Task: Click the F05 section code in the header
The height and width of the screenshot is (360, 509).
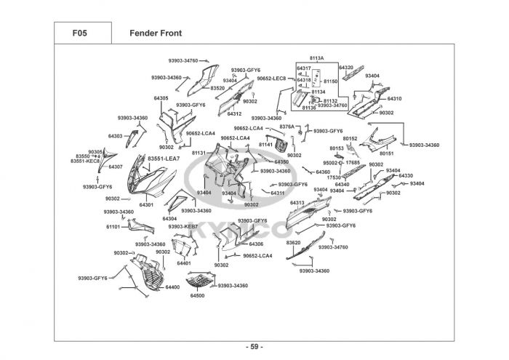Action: click(x=81, y=33)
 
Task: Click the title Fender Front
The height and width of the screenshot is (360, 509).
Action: click(x=155, y=33)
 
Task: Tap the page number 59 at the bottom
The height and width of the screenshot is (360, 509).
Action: click(x=254, y=345)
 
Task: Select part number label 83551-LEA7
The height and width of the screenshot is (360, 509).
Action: click(x=163, y=159)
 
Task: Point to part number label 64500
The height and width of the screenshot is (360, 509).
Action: click(x=197, y=296)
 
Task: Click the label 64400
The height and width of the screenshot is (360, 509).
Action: click(x=172, y=287)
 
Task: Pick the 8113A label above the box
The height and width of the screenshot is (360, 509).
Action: click(x=316, y=57)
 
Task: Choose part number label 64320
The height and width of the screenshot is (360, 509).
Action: click(x=345, y=68)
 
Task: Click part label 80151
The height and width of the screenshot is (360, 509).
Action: click(x=386, y=153)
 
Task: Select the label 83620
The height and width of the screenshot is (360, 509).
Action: click(x=294, y=242)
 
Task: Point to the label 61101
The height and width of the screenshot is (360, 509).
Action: click(x=113, y=226)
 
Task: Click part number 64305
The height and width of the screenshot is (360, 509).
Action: click(x=161, y=98)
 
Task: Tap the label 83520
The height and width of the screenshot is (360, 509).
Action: click(x=217, y=88)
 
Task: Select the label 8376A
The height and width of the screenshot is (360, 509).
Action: click(x=287, y=127)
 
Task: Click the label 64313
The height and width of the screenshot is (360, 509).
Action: click(x=297, y=203)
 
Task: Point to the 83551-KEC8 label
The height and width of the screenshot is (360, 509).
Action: click(x=85, y=161)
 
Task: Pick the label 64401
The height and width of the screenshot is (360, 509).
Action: click(x=184, y=263)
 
